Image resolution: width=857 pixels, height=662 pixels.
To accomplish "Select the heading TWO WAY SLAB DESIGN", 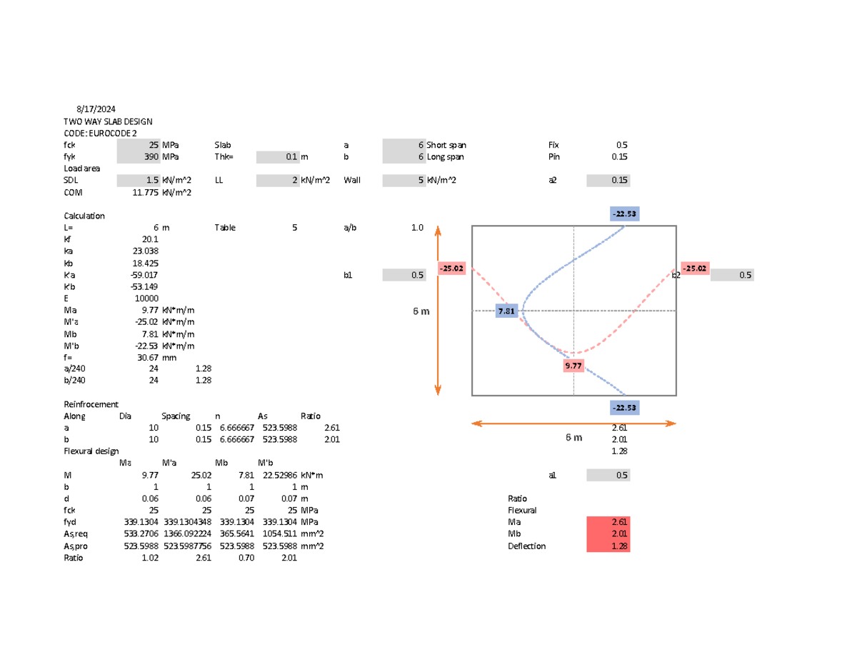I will tap(108, 122).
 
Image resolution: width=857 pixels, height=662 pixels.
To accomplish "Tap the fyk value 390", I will tap(151, 156).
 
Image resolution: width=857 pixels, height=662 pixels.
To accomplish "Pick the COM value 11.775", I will tap(146, 192).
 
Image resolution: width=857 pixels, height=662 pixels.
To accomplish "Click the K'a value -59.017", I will tap(146, 275).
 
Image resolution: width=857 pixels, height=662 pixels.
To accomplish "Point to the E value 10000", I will tap(147, 299).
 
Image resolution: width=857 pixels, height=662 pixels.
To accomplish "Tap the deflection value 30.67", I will tap(148, 358).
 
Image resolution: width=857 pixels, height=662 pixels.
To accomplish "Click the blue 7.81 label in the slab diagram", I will tap(506, 311).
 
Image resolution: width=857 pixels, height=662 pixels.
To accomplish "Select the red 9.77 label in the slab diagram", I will tap(573, 366).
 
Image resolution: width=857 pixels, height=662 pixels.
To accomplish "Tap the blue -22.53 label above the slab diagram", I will tap(623, 214).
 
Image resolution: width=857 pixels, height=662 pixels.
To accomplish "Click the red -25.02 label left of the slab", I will tap(451, 269).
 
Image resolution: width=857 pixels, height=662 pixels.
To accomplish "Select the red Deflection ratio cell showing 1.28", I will tap(608, 546).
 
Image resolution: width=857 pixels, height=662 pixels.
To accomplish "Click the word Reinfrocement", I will tap(91, 404).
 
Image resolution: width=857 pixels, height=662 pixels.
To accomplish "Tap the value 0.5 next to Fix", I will tap(622, 145).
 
